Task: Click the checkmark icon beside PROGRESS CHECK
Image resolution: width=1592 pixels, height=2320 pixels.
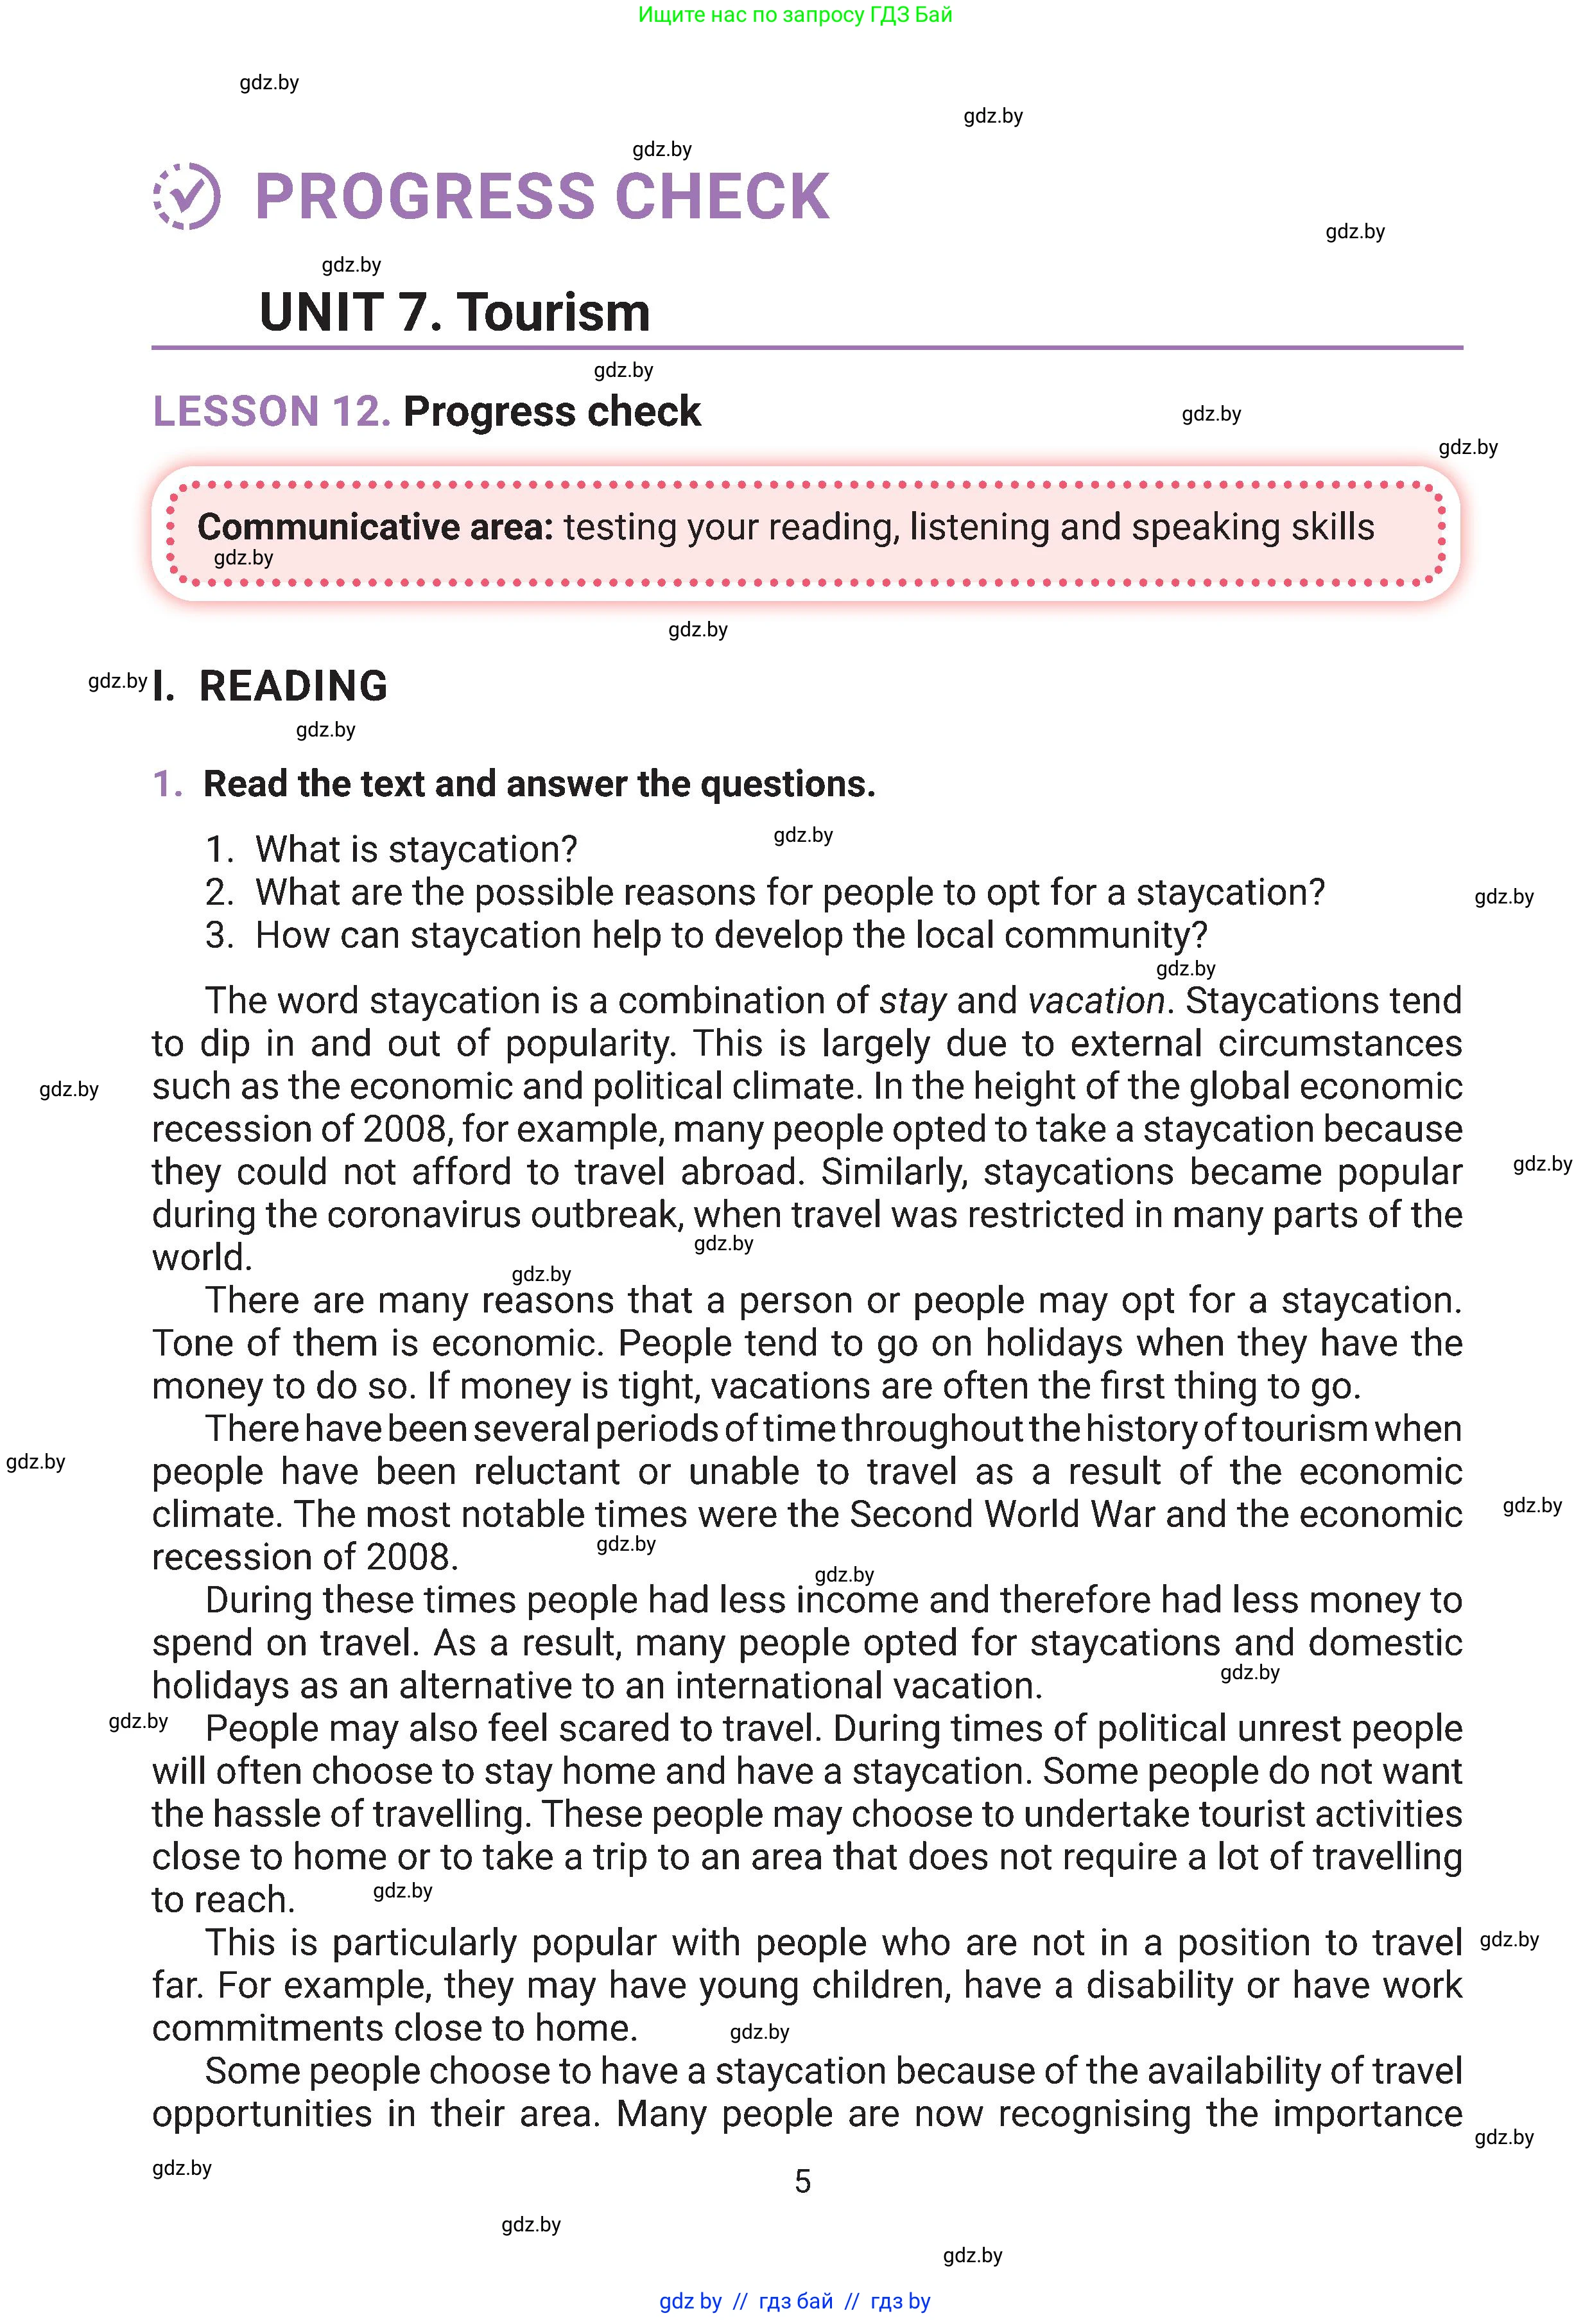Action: click(187, 196)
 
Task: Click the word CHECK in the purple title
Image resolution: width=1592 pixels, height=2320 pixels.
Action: click(723, 196)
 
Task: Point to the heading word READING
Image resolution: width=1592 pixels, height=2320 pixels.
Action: click(293, 686)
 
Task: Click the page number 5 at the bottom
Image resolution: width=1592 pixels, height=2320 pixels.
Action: click(802, 2181)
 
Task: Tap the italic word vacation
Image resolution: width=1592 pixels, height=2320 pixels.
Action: click(1096, 1000)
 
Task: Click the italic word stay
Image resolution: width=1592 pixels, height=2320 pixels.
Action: click(912, 1000)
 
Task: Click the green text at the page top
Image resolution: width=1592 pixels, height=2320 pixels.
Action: click(795, 15)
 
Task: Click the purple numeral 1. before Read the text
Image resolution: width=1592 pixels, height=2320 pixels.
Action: click(168, 785)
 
